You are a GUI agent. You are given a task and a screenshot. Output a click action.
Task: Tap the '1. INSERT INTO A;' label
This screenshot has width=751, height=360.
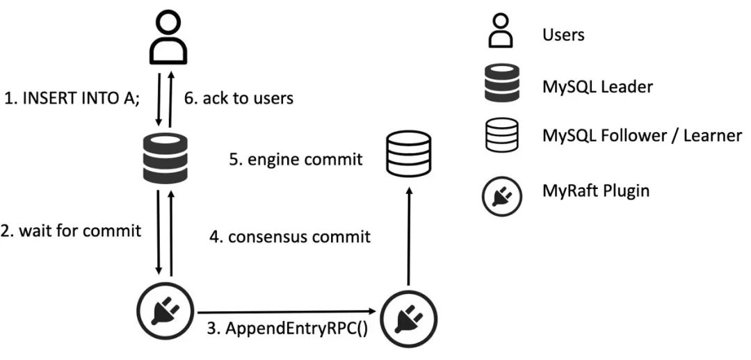coord(72,99)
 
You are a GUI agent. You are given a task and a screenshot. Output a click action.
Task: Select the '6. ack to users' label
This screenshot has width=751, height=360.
coord(239,99)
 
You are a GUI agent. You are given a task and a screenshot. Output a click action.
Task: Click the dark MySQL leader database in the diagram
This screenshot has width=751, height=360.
coord(165,159)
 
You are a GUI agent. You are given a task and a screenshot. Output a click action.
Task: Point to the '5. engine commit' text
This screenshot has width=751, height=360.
coord(296,159)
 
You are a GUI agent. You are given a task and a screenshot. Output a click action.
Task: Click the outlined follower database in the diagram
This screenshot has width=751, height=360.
coord(408,154)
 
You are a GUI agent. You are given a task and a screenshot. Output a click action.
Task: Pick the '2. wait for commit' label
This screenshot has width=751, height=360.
coord(71,231)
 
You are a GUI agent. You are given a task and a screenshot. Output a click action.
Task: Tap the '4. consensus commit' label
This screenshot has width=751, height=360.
coord(290,236)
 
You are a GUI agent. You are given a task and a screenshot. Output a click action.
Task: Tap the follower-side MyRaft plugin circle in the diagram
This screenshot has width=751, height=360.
coord(409,317)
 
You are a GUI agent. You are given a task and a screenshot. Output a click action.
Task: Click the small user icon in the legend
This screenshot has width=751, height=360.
coord(501,31)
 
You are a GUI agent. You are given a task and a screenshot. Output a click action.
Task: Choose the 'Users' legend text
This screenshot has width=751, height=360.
coord(563,35)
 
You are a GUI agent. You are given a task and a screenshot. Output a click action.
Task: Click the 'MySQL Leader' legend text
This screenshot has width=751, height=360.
coord(597,87)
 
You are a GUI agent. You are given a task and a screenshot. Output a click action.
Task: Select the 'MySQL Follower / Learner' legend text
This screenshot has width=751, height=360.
coord(642,136)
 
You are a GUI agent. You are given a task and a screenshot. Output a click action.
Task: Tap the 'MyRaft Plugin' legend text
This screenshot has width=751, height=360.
coord(596,191)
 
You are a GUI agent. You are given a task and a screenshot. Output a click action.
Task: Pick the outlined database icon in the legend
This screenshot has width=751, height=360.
coord(501,136)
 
